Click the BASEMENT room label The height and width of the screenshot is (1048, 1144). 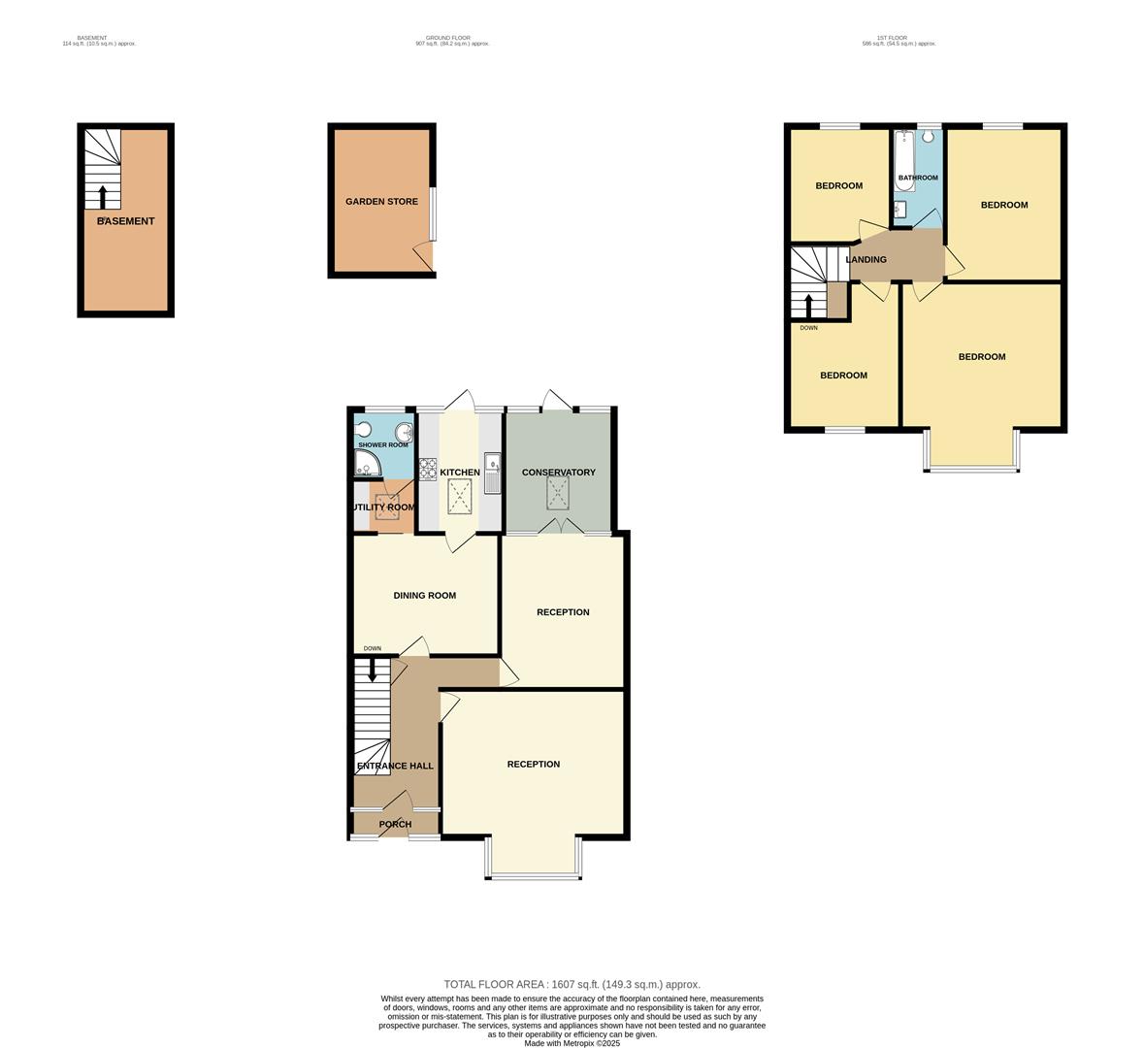click(126, 221)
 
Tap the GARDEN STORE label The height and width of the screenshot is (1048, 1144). click(381, 202)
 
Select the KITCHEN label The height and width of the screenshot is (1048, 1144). click(460, 473)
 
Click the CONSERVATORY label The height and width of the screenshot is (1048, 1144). click(558, 473)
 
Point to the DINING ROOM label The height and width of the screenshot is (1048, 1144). click(424, 596)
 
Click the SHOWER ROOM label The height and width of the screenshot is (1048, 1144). click(383, 444)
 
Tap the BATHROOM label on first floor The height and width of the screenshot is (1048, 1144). click(917, 178)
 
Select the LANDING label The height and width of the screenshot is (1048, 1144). click(866, 260)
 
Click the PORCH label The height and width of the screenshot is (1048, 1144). click(395, 825)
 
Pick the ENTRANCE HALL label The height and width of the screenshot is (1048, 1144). click(395, 766)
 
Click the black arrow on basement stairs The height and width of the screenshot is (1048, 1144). click(103, 197)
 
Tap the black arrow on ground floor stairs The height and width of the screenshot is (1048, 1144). click(372, 671)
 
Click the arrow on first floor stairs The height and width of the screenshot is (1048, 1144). click(809, 306)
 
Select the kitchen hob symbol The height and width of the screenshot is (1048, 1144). click(428, 470)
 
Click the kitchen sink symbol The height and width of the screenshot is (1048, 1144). click(492, 474)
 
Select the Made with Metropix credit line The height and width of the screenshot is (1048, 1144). click(572, 1043)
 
